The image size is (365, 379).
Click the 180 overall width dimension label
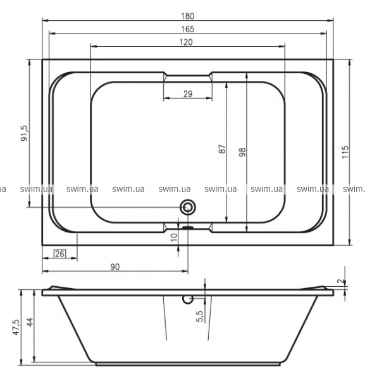coord(188,16)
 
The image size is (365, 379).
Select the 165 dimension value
coord(188,29)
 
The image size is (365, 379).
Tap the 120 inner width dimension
coord(186,42)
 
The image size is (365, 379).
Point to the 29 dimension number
coord(188,93)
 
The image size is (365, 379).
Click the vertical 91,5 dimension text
coord(25,133)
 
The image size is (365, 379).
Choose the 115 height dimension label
coord(345,152)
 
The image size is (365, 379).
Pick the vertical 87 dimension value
coord(222,149)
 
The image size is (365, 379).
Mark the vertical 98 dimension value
coord(242,152)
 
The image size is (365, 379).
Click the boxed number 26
coord(59,253)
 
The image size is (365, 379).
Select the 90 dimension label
coord(115,267)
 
